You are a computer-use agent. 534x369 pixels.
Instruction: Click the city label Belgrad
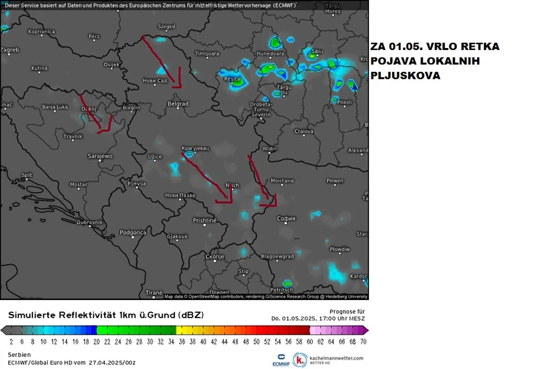click(x=178, y=103)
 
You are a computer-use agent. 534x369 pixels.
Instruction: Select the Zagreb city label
click(x=9, y=49)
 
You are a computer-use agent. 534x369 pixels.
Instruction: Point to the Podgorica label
click(x=133, y=232)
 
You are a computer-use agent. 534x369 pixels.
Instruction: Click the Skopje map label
click(x=214, y=257)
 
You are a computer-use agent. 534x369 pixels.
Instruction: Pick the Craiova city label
click(x=304, y=131)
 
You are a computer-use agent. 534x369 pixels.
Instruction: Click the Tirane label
click(x=154, y=292)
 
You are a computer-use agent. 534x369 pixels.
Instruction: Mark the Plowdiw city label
click(x=339, y=249)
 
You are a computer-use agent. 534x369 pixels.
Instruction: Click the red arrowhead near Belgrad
click(x=177, y=84)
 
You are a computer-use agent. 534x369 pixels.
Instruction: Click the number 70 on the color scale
click(x=362, y=341)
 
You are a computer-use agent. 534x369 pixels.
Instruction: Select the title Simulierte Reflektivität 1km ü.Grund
click(x=105, y=316)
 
